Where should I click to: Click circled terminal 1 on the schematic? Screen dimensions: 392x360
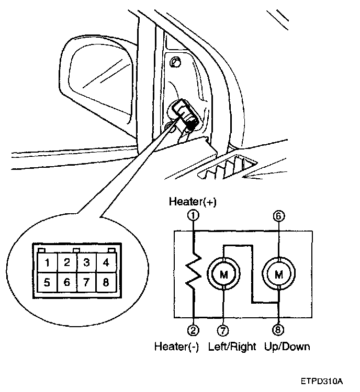[x=195, y=214]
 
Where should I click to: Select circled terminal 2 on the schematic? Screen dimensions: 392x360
[x=194, y=330]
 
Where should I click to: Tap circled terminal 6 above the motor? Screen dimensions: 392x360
[x=279, y=214]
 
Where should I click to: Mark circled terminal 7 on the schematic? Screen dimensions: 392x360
[x=224, y=330]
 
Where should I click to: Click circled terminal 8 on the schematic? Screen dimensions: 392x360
[x=279, y=330]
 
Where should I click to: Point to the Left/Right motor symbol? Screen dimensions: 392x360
[x=224, y=273]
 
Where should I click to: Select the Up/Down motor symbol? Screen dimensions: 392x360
[x=279, y=273]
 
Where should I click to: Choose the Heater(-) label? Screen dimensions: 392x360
[x=176, y=346]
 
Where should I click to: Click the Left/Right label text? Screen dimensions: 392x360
[x=232, y=346]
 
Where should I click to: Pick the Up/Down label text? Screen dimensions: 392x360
[x=287, y=346]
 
